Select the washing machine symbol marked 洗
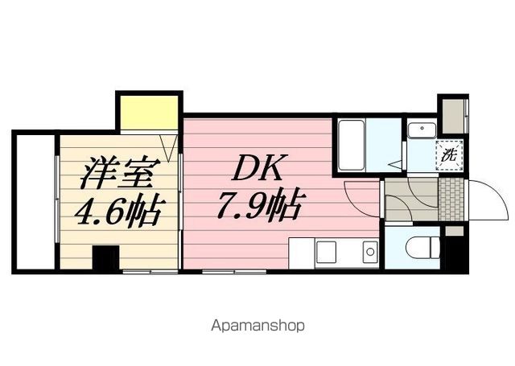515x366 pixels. point(450,154)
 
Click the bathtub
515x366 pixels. point(352,145)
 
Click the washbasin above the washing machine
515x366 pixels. point(422,130)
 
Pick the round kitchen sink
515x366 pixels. point(370,252)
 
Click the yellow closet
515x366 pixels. point(149,113)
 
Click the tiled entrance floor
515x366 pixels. point(451,199)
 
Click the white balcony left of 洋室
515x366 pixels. point(35,202)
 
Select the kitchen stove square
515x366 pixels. point(326,252)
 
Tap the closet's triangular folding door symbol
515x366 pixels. point(169,148)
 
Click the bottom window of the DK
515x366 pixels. point(234,271)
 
